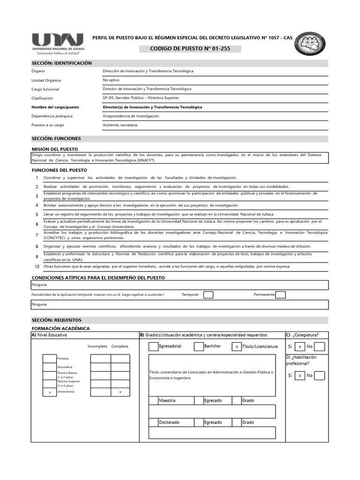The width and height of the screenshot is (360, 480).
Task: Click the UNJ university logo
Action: [x=57, y=44]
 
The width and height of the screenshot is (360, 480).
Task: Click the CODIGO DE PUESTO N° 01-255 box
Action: [x=190, y=49]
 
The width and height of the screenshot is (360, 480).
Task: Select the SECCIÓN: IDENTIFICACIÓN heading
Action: [x=62, y=63]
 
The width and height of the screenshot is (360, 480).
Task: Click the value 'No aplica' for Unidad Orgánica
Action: [x=111, y=80]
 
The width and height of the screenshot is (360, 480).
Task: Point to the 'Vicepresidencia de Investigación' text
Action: [x=131, y=116]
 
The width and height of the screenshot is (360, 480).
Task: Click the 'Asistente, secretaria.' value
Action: [x=120, y=125]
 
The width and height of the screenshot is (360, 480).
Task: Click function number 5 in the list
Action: [x=37, y=214]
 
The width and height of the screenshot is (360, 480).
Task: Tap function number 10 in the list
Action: [x=37, y=266]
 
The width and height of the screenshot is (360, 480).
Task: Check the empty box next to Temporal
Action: [x=209, y=294]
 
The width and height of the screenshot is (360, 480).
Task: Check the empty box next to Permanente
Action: [x=281, y=294]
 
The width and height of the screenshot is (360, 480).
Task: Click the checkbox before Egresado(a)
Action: [x=153, y=346]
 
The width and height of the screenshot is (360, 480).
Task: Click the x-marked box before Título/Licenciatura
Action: [x=237, y=346]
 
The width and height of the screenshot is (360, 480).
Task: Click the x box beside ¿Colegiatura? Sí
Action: [x=300, y=347]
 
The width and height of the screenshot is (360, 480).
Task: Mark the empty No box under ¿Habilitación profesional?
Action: [x=319, y=375]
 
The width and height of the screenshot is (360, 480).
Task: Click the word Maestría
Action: [x=167, y=401]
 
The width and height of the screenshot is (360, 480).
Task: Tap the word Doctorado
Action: [x=169, y=422]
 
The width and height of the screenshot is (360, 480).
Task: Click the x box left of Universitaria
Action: [x=50, y=392]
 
